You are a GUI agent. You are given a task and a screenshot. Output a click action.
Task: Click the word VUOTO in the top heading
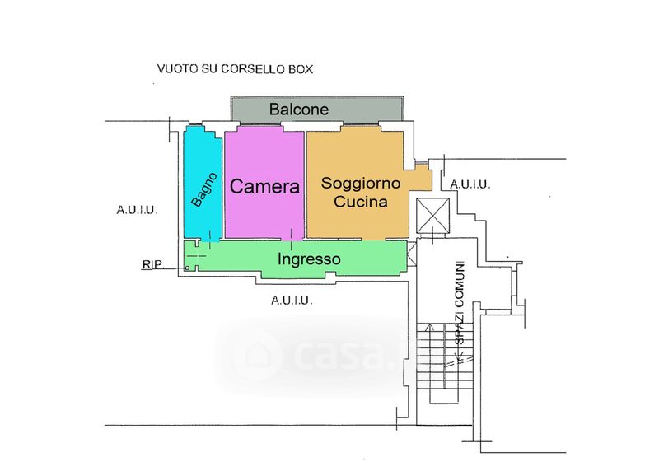[176, 69]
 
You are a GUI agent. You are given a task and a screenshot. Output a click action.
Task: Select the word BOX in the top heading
[300, 69]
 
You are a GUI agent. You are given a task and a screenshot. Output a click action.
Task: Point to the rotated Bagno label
[204, 189]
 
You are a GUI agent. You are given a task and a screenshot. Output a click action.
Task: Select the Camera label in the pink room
[264, 187]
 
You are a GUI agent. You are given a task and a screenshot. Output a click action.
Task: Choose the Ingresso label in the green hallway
[308, 259]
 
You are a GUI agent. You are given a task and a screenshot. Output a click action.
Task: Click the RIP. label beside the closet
[153, 265]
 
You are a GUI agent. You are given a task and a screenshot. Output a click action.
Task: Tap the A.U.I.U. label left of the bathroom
[137, 210]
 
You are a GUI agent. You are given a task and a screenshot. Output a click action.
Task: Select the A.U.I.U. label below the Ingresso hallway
[292, 301]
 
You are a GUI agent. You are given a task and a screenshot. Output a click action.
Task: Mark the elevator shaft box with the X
[433, 216]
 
